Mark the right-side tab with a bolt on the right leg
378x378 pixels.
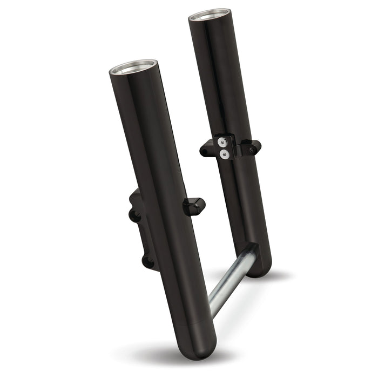pos(253,146)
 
